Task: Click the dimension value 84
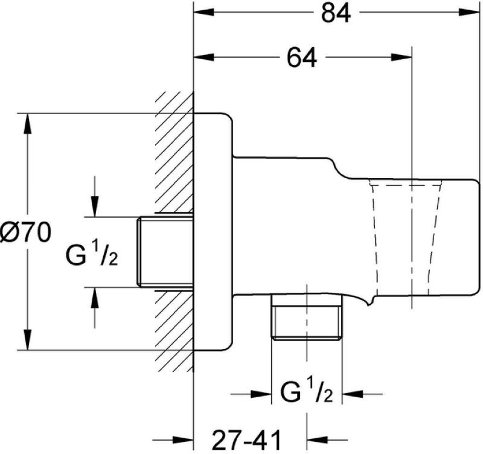tap(336, 13)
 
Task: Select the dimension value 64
tap(301, 58)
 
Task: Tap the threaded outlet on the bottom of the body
tap(307, 318)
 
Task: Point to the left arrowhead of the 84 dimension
tap(202, 13)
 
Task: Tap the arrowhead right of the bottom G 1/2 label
tap(353, 395)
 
